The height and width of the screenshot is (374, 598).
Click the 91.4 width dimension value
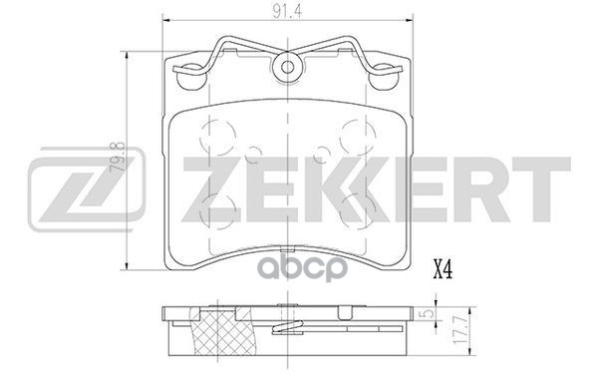pyautogui.click(x=290, y=12)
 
